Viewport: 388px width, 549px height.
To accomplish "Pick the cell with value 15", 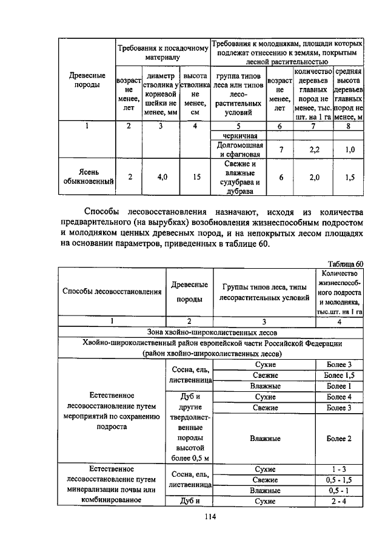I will [194, 177].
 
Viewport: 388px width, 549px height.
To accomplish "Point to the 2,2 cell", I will [314, 149].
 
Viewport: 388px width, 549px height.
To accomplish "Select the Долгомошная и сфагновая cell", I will [239, 149].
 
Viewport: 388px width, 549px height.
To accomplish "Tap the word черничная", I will [239, 135].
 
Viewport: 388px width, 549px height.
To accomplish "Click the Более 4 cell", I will [338, 397].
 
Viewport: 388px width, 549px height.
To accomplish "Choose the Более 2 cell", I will [338, 438].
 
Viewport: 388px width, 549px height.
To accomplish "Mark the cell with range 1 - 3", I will [338, 469].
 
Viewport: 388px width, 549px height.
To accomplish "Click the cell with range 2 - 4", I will [338, 500].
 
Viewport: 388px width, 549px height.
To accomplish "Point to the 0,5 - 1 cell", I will [338, 490].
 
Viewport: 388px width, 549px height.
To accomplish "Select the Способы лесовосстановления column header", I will [112, 291].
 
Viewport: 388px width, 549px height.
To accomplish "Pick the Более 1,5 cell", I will [338, 375].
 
